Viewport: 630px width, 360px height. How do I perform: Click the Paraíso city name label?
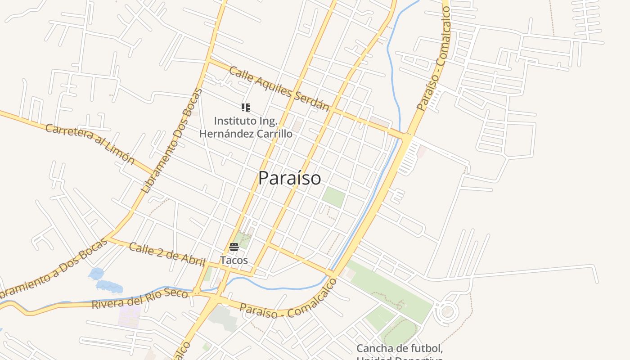tap(289, 178)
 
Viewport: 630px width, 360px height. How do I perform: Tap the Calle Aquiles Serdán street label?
tap(279, 89)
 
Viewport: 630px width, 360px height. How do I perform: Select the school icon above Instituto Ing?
tap(245, 107)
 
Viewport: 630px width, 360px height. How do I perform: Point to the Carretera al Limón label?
tap(90, 144)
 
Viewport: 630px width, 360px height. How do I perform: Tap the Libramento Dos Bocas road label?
tap(172, 140)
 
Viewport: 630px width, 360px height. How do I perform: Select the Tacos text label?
tap(234, 261)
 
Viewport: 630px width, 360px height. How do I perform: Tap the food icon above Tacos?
tap(234, 247)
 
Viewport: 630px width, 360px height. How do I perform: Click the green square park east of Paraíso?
tap(333, 197)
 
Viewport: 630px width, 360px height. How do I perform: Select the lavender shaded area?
tap(130, 316)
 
